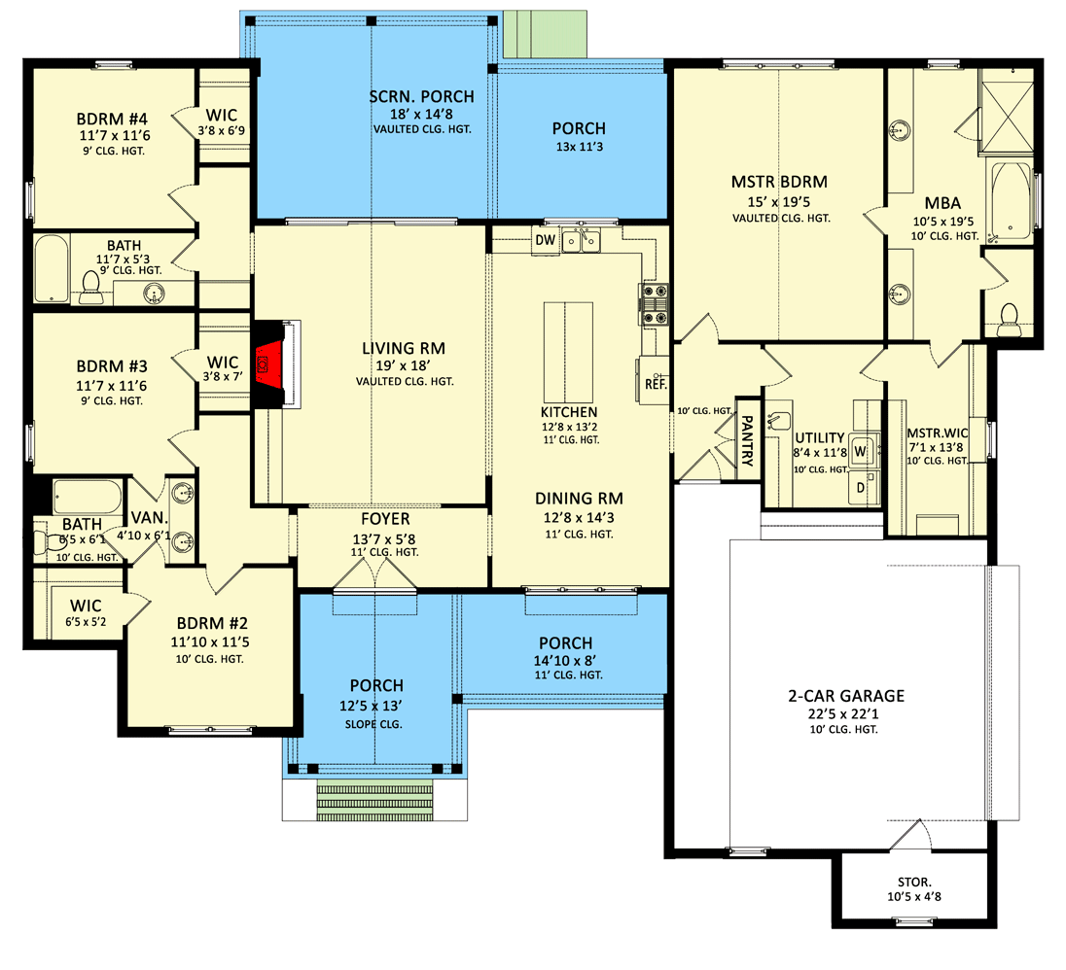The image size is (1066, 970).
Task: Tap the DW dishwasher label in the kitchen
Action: pos(545,239)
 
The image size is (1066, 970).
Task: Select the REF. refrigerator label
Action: pos(655,384)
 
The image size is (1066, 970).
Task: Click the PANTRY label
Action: pos(748,442)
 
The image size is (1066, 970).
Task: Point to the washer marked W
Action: pos(860,452)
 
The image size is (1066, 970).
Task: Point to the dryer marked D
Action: pos(860,488)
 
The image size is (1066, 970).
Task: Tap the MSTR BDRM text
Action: pos(779,182)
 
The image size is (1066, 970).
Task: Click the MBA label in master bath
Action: pos(942,203)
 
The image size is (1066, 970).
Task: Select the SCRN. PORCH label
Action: pos(422,96)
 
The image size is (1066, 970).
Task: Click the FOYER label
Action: pos(386,519)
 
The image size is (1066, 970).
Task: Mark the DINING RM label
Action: pos(579,499)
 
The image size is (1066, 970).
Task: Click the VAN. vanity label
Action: pos(143,518)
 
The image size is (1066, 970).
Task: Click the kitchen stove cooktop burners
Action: pos(651,303)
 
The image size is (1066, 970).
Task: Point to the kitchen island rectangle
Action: pos(567,345)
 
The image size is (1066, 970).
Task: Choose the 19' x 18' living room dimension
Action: pos(395,365)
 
